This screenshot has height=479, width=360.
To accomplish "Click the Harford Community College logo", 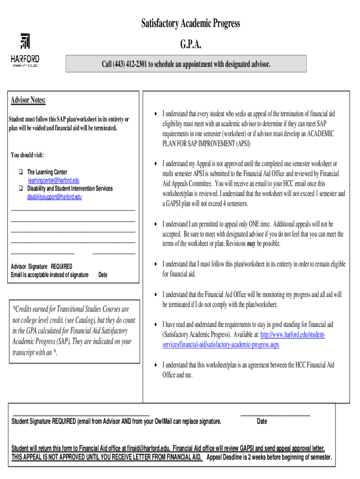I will click(25, 51).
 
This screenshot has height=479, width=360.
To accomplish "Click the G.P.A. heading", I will click(191, 44).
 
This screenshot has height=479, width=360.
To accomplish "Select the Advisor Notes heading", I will click(28, 101).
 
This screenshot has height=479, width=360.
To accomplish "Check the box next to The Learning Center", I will click(21, 173).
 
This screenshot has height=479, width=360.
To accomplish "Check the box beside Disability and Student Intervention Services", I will click(21, 189).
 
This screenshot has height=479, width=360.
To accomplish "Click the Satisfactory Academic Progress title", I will click(191, 23).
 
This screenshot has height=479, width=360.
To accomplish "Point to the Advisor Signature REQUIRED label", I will click(42, 267).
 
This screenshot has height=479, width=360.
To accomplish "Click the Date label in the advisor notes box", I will click(103, 275).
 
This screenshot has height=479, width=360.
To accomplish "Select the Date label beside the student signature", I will click(262, 421).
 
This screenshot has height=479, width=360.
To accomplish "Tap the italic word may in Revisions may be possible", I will click(251, 244).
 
